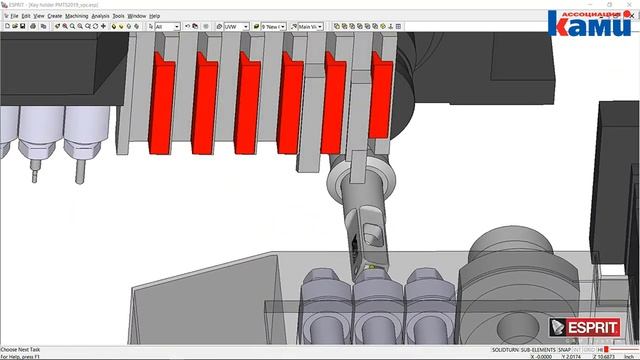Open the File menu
click(14, 16)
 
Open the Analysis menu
click(100, 16)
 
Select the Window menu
click(137, 16)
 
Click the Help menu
click(155, 16)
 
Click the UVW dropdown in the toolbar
click(235, 26)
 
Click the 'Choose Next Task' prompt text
click(23, 349)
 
